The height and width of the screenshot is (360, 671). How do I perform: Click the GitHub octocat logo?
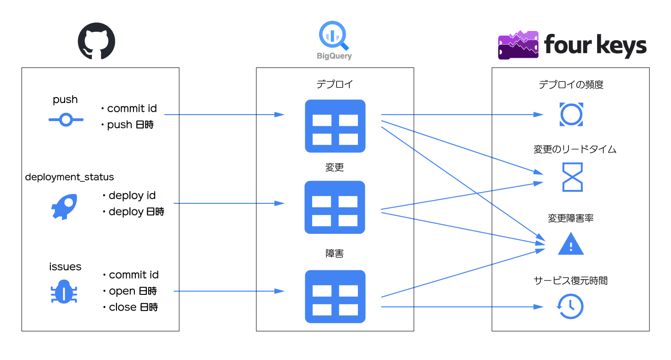point(96,42)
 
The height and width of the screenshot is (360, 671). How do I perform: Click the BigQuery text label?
point(334,56)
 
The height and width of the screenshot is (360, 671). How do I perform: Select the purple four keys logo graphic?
point(518,45)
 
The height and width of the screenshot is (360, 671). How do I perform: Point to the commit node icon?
point(66,120)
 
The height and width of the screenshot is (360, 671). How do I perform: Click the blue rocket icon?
point(64,206)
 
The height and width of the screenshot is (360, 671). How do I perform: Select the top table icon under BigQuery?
point(335,126)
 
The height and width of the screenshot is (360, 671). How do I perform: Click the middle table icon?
point(335,207)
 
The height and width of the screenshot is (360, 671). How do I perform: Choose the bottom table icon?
point(335,296)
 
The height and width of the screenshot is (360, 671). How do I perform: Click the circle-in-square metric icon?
point(571,114)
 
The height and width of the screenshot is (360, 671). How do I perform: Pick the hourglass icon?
point(572,177)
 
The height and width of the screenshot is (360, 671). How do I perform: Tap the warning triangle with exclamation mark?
point(571,244)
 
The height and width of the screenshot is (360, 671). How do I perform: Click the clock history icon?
point(570,306)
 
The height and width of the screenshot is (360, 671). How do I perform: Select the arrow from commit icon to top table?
point(224,114)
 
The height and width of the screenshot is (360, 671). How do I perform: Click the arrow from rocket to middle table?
point(229,203)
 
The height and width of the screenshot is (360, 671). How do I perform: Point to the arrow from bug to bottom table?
point(229,291)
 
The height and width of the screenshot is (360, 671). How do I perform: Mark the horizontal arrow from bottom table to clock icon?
point(462,306)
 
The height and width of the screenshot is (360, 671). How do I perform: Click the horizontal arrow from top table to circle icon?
point(462,114)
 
